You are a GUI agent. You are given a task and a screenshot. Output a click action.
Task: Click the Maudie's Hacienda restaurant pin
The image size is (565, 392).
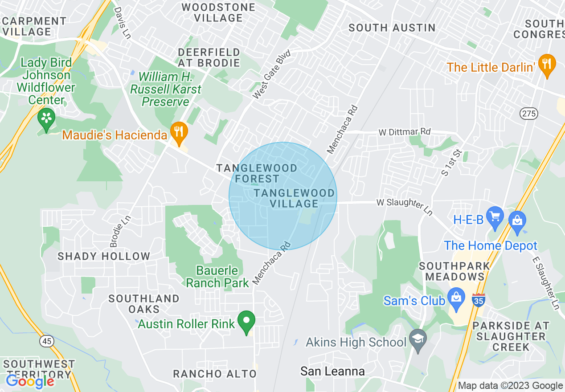(x=179, y=132)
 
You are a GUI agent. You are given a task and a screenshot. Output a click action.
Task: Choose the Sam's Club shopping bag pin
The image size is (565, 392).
(x=456, y=299)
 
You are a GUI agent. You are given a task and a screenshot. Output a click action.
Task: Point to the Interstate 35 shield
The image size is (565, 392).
(x=479, y=299)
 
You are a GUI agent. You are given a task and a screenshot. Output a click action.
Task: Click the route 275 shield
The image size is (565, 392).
(x=528, y=114)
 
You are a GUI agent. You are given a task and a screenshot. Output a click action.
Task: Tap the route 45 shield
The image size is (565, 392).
(x=46, y=341)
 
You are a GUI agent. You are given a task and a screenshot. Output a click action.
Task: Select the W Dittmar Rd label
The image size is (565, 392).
(x=405, y=132)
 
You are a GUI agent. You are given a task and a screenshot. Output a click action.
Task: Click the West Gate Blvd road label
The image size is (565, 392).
(x=271, y=75)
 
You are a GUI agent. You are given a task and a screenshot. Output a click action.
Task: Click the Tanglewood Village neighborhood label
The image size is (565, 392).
(x=294, y=198)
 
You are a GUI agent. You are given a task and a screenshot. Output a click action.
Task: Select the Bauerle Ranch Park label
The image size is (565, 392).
(x=217, y=277)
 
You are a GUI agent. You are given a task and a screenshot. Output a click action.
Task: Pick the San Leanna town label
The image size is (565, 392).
(x=332, y=371)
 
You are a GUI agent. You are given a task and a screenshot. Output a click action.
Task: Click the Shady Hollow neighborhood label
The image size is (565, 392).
(x=104, y=256)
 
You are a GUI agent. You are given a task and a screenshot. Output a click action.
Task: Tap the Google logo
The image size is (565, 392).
(x=30, y=381)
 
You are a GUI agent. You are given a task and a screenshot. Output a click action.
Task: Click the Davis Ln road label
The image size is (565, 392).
(x=123, y=22)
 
